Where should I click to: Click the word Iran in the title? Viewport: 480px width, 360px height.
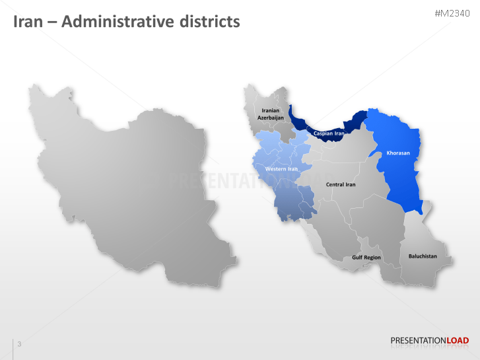pyautogui.click(x=28, y=22)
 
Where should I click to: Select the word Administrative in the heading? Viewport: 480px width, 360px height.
pyautogui.click(x=116, y=22)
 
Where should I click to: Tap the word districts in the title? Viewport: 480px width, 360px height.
pyautogui.click(x=209, y=22)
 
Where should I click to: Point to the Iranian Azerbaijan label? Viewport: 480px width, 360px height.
pyautogui.click(x=271, y=114)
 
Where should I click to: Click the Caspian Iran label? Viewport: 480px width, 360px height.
pyautogui.click(x=329, y=133)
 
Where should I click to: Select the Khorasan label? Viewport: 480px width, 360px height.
pyautogui.click(x=398, y=153)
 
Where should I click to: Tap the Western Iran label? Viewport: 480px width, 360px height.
pyautogui.click(x=281, y=169)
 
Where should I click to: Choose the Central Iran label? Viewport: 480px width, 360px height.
pyautogui.click(x=341, y=184)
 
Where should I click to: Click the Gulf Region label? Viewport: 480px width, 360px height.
pyautogui.click(x=366, y=257)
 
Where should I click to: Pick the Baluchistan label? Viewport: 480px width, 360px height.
pyautogui.click(x=423, y=256)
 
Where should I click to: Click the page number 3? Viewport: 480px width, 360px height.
pyautogui.click(x=19, y=344)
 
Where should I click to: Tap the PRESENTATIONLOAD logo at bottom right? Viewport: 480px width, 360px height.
pyautogui.click(x=429, y=341)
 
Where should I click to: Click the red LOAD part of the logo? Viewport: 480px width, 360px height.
pyautogui.click(x=458, y=341)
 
